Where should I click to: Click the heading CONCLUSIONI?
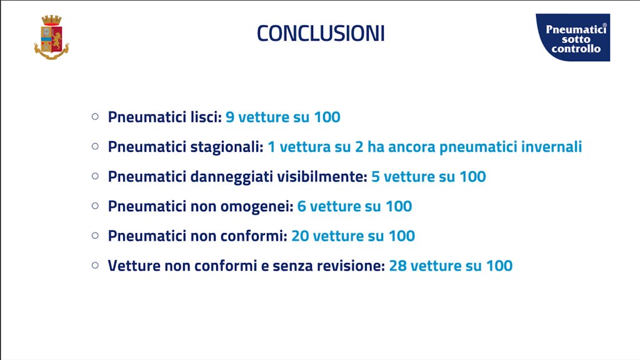[321, 33]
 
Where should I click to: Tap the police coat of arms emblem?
[51, 37]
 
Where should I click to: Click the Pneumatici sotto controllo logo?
[573, 37]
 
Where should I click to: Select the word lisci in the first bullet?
[206, 117]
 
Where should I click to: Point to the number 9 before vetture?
[230, 117]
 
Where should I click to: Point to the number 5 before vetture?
[376, 177]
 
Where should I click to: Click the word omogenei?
[257, 206]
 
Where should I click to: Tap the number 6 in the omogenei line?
[302, 206]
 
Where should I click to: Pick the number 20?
[300, 236]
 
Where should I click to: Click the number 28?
[398, 266]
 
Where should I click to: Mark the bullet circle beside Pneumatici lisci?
[95, 117]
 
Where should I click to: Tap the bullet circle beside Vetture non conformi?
[95, 265]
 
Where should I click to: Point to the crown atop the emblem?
[51, 21]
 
